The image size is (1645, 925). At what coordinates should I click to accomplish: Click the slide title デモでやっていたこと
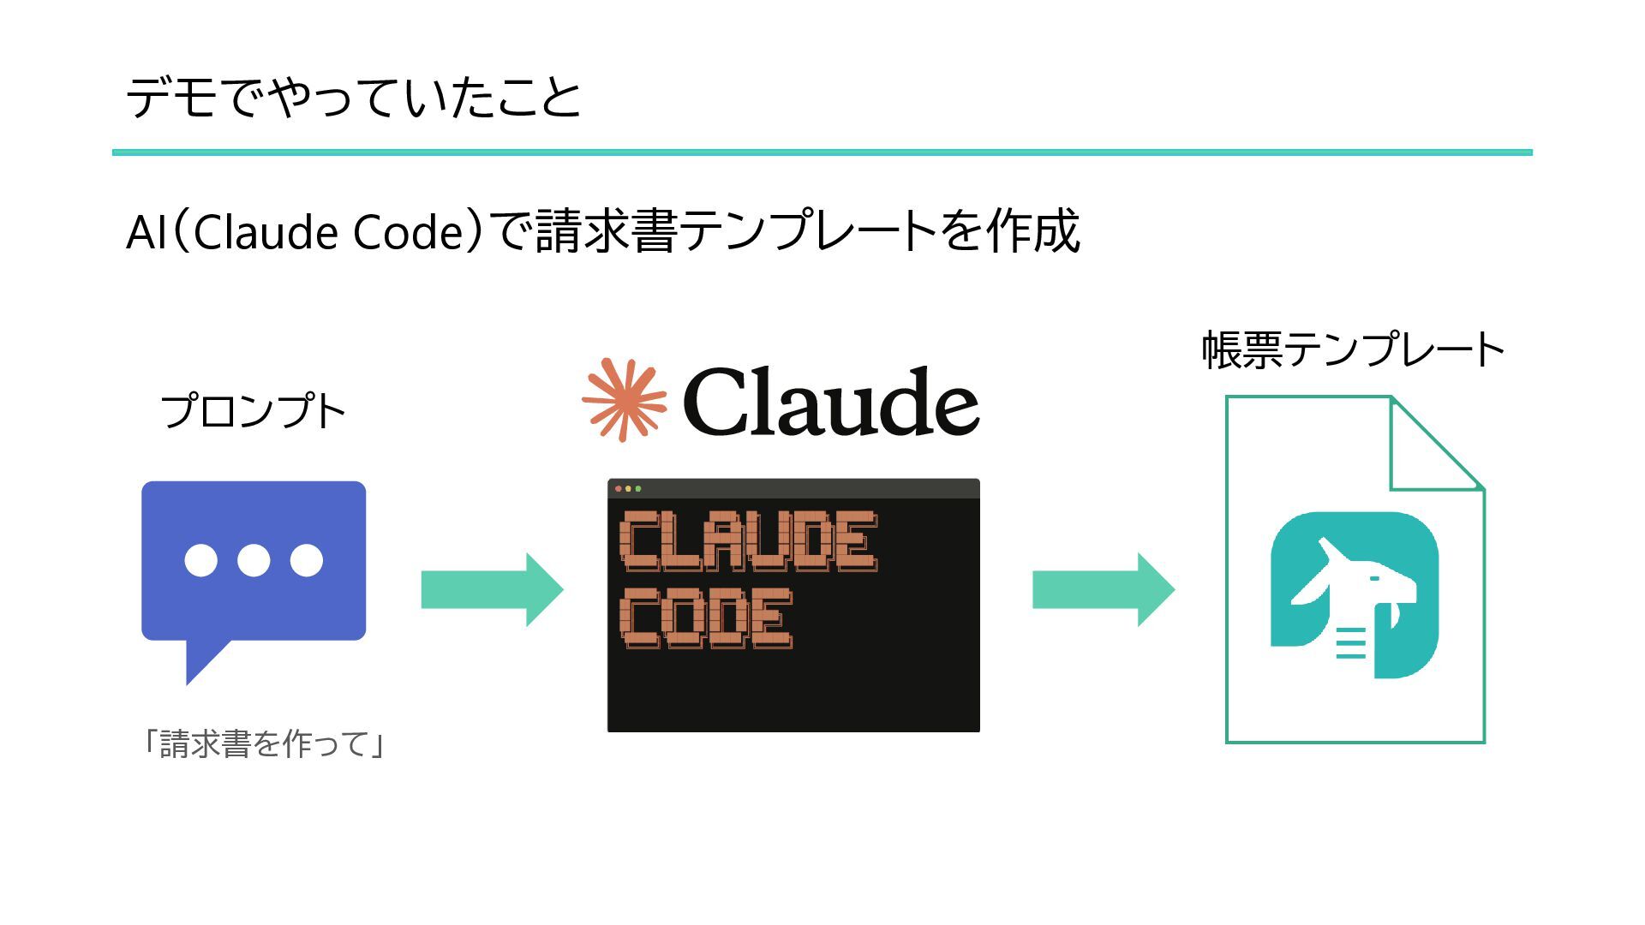pyautogui.click(x=353, y=97)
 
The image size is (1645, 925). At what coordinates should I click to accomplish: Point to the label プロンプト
pyautogui.click(x=253, y=411)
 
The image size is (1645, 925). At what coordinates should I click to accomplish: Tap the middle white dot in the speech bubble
pyautogui.click(x=254, y=560)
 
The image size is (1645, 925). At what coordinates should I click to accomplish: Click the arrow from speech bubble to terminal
pyautogui.click(x=492, y=589)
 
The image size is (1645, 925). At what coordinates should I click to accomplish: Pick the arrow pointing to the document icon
pyautogui.click(x=1103, y=589)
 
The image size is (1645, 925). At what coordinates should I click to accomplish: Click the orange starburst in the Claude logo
pyautogui.click(x=624, y=400)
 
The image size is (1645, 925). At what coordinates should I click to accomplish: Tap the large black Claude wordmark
pyautogui.click(x=830, y=402)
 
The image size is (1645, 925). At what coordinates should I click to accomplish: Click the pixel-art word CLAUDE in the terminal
pyautogui.click(x=748, y=540)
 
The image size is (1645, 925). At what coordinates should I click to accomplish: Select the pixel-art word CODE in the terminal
pyautogui.click(x=706, y=618)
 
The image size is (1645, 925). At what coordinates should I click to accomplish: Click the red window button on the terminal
pyautogui.click(x=619, y=489)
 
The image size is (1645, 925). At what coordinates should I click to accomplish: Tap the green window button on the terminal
pyautogui.click(x=638, y=489)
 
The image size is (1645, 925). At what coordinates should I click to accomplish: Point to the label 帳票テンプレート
pyautogui.click(x=1353, y=349)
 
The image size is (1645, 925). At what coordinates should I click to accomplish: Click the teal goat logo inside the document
pyautogui.click(x=1354, y=594)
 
